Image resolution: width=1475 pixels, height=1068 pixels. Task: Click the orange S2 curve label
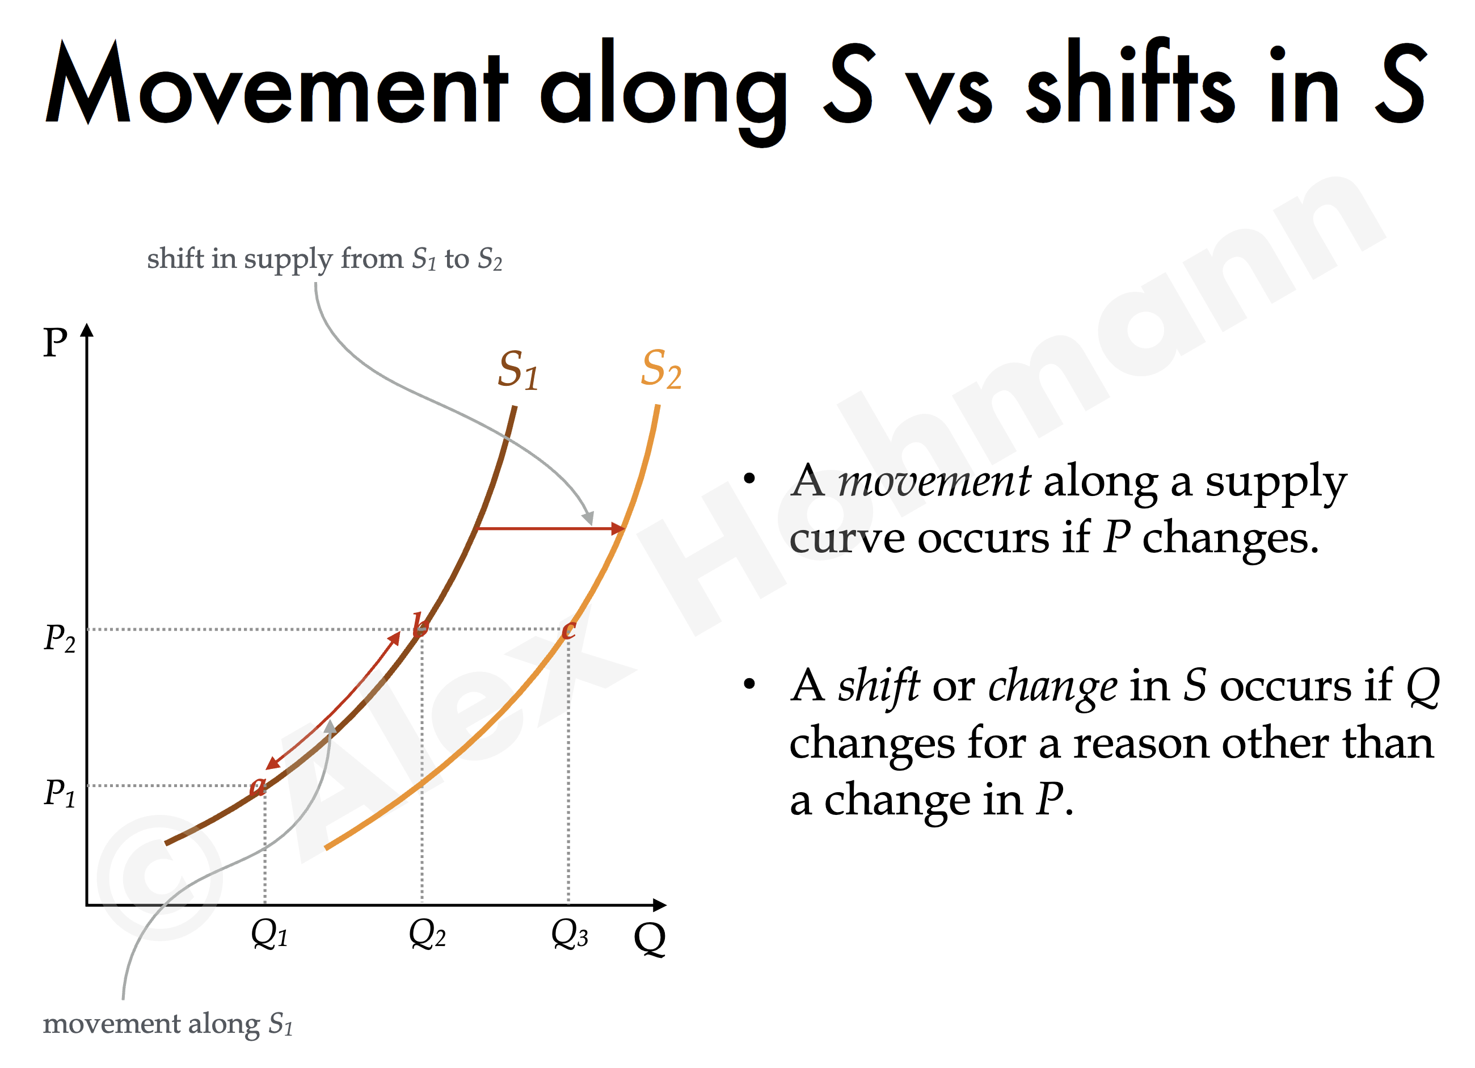point(661,369)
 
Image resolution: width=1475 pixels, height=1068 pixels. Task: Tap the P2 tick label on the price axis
point(59,638)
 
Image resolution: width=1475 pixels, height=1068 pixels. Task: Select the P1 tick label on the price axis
point(59,793)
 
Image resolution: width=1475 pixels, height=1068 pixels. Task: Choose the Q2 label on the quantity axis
point(427,934)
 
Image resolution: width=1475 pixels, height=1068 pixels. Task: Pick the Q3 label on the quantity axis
point(570,934)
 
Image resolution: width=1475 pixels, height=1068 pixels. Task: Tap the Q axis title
point(650,939)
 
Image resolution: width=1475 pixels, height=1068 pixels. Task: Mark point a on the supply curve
point(258,787)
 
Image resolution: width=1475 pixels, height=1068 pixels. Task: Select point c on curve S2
point(568,629)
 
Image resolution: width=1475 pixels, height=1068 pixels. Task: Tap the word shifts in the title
point(1130,81)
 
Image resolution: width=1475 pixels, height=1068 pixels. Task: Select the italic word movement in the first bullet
point(934,482)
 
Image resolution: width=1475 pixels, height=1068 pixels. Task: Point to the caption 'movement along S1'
point(168,1024)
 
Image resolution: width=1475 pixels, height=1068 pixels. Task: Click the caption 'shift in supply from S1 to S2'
point(324,259)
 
